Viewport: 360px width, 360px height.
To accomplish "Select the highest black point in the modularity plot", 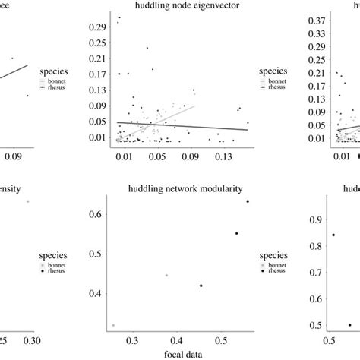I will click(x=248, y=201).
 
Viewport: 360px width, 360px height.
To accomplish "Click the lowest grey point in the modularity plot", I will click(x=113, y=325).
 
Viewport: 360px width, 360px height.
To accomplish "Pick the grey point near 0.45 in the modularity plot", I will click(x=166, y=276).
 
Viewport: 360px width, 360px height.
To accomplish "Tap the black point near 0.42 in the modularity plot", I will click(x=201, y=286).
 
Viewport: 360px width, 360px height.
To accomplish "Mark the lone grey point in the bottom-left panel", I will click(x=28, y=201).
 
